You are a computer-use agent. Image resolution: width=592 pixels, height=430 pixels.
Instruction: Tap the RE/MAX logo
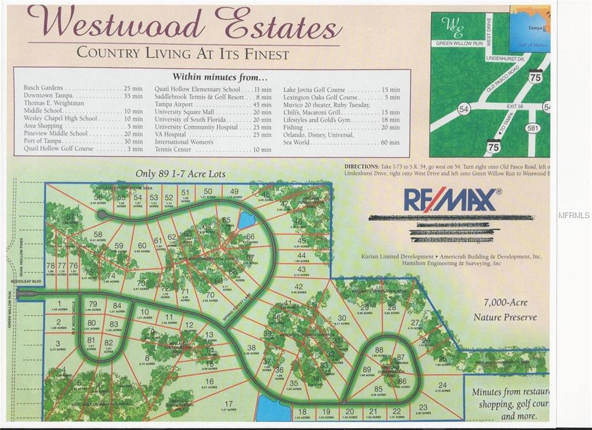pyautogui.click(x=451, y=200)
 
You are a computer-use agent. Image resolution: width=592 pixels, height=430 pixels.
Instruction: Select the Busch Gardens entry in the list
pyautogui.click(x=43, y=88)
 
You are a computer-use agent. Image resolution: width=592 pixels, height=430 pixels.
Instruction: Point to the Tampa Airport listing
pyautogui.click(x=173, y=105)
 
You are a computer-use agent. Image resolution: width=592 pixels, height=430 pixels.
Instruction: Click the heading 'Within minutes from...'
pyautogui.click(x=220, y=77)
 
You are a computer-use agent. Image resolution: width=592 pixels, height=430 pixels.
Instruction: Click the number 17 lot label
pyautogui.click(x=229, y=404)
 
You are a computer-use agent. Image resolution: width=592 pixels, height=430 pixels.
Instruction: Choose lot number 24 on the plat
pyautogui.click(x=443, y=385)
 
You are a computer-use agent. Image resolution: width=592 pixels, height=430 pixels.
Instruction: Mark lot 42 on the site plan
pyautogui.click(x=298, y=287)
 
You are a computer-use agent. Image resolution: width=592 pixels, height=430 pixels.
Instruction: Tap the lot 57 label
pyautogui.click(x=71, y=218)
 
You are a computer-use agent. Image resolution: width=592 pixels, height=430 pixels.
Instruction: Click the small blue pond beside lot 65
pyautogui.click(x=247, y=220)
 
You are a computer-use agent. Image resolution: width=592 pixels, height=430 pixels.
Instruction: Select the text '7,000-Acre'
pyautogui.click(x=506, y=302)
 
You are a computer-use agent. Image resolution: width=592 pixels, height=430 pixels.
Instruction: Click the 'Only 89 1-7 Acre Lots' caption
pyautogui.click(x=181, y=173)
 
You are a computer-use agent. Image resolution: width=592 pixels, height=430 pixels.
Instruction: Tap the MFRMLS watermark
pyautogui.click(x=573, y=216)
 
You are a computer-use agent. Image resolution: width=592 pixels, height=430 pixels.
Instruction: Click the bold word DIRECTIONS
pyautogui.click(x=362, y=166)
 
